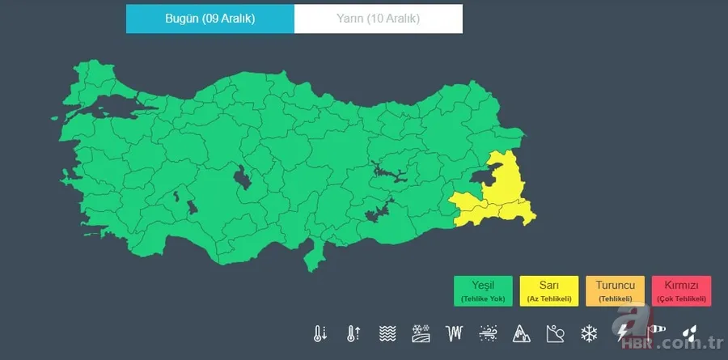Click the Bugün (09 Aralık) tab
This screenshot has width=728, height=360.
click(210, 19)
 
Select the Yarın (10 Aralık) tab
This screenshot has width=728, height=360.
click(379, 19)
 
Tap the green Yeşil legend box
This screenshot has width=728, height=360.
click(483, 290)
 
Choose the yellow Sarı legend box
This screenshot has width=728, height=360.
click(548, 290)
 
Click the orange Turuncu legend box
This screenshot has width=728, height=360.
click(615, 290)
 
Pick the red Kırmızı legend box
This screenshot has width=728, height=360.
click(681, 290)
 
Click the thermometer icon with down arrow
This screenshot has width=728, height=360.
click(320, 332)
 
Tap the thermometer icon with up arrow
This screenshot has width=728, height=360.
click(353, 332)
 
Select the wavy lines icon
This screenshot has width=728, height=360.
click(387, 332)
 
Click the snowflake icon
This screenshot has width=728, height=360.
click(588, 332)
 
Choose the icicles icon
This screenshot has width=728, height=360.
click(455, 332)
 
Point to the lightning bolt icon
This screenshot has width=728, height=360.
click(622, 332)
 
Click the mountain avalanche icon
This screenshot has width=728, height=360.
click(521, 332)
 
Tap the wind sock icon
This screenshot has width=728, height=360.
click(654, 332)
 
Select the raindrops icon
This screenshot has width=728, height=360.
click(688, 332)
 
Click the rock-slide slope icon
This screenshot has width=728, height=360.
click(555, 332)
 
